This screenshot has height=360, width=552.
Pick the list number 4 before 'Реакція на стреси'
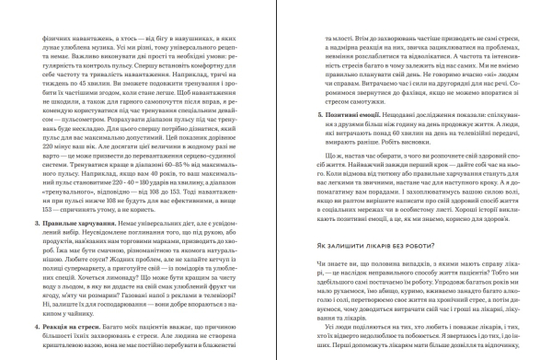[34, 328]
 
